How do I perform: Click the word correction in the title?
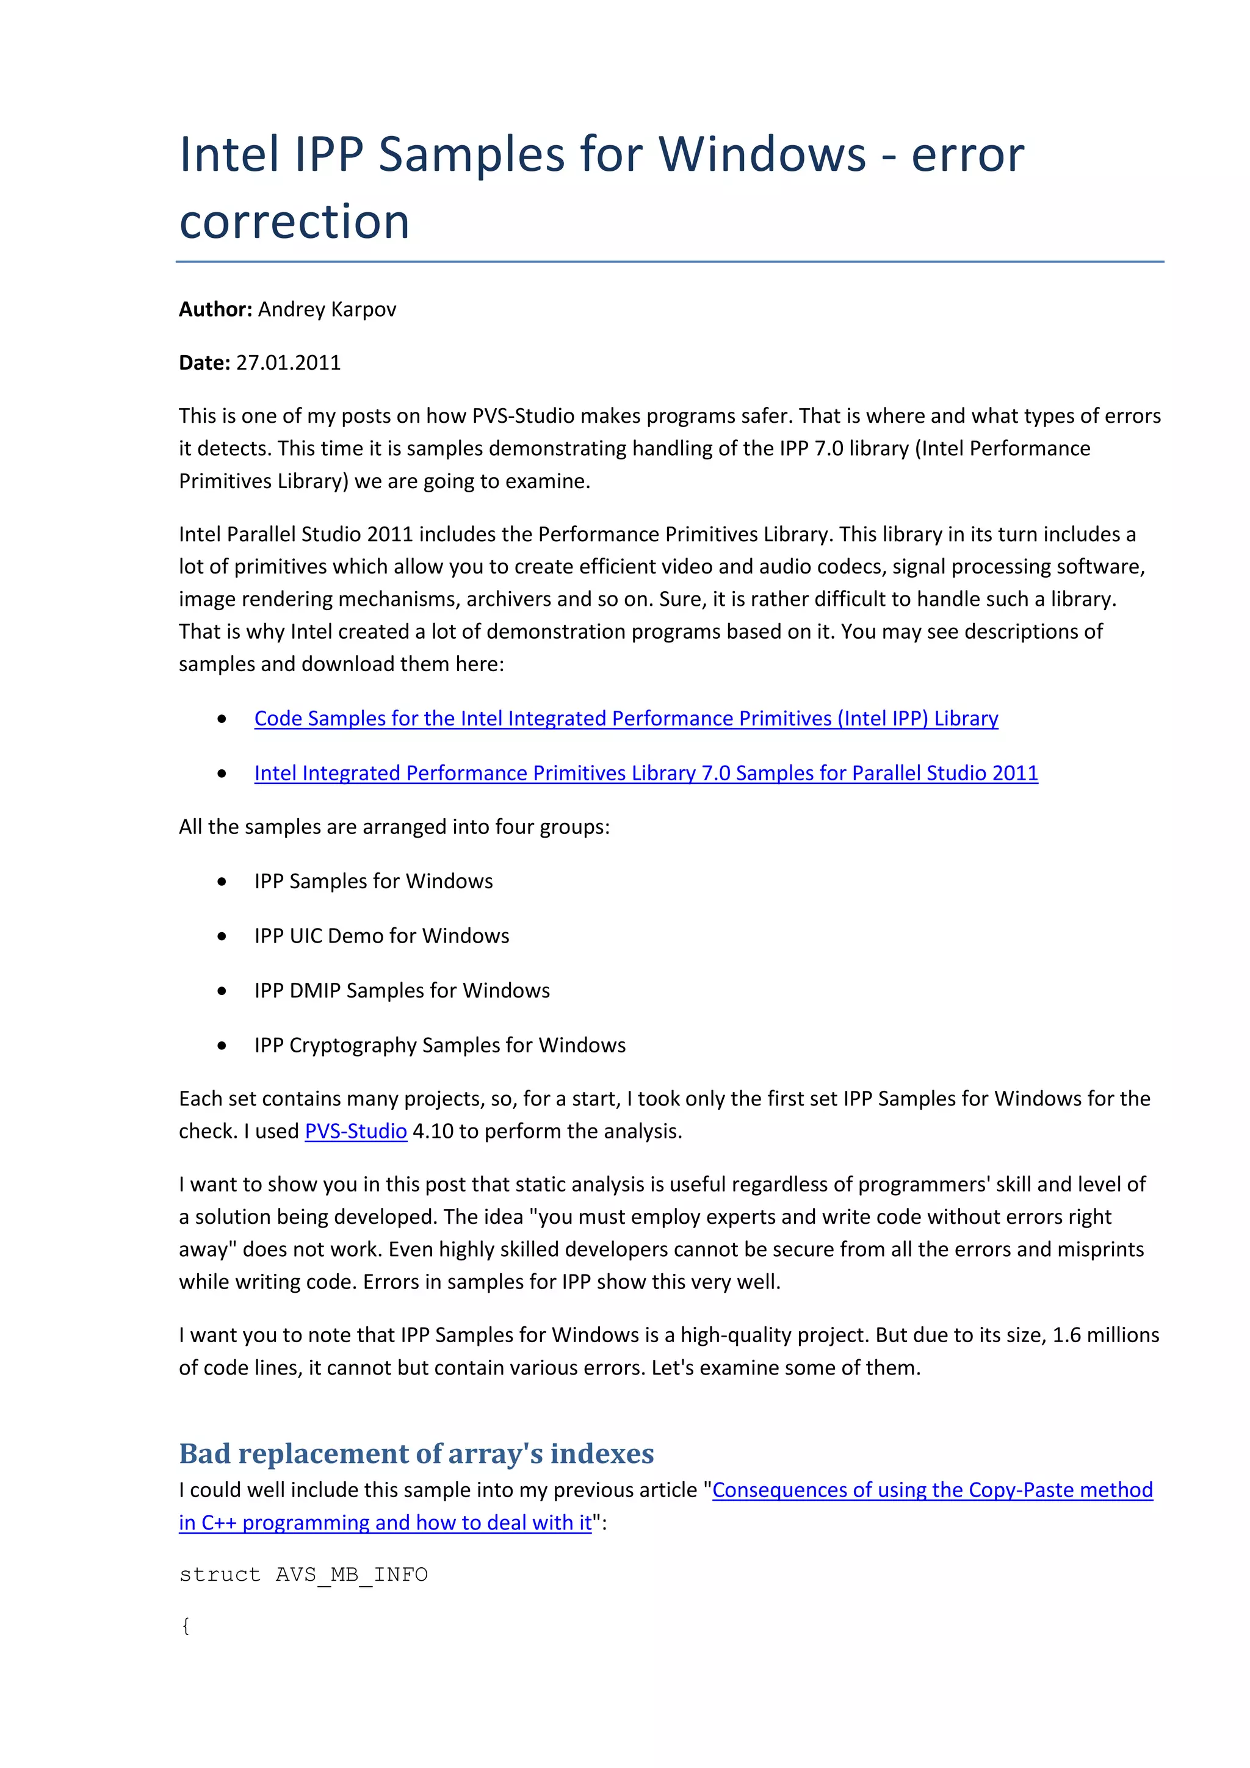tap(294, 222)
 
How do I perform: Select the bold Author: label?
tap(215, 309)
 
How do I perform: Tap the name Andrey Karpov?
tap(327, 309)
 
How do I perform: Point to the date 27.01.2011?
tap(288, 362)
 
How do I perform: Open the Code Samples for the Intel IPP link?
tap(626, 719)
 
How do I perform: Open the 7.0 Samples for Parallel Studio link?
tap(645, 773)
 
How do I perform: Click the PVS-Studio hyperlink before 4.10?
tap(355, 1131)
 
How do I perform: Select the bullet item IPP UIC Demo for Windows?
tap(381, 936)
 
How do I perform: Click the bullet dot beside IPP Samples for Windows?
tap(222, 882)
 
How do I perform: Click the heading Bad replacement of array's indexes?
tap(416, 1454)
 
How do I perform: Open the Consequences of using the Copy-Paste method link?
tap(932, 1490)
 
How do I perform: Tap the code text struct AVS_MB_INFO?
tap(303, 1575)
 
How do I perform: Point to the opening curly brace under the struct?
tap(186, 1625)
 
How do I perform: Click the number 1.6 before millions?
tap(1066, 1335)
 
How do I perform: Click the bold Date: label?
tap(204, 362)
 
